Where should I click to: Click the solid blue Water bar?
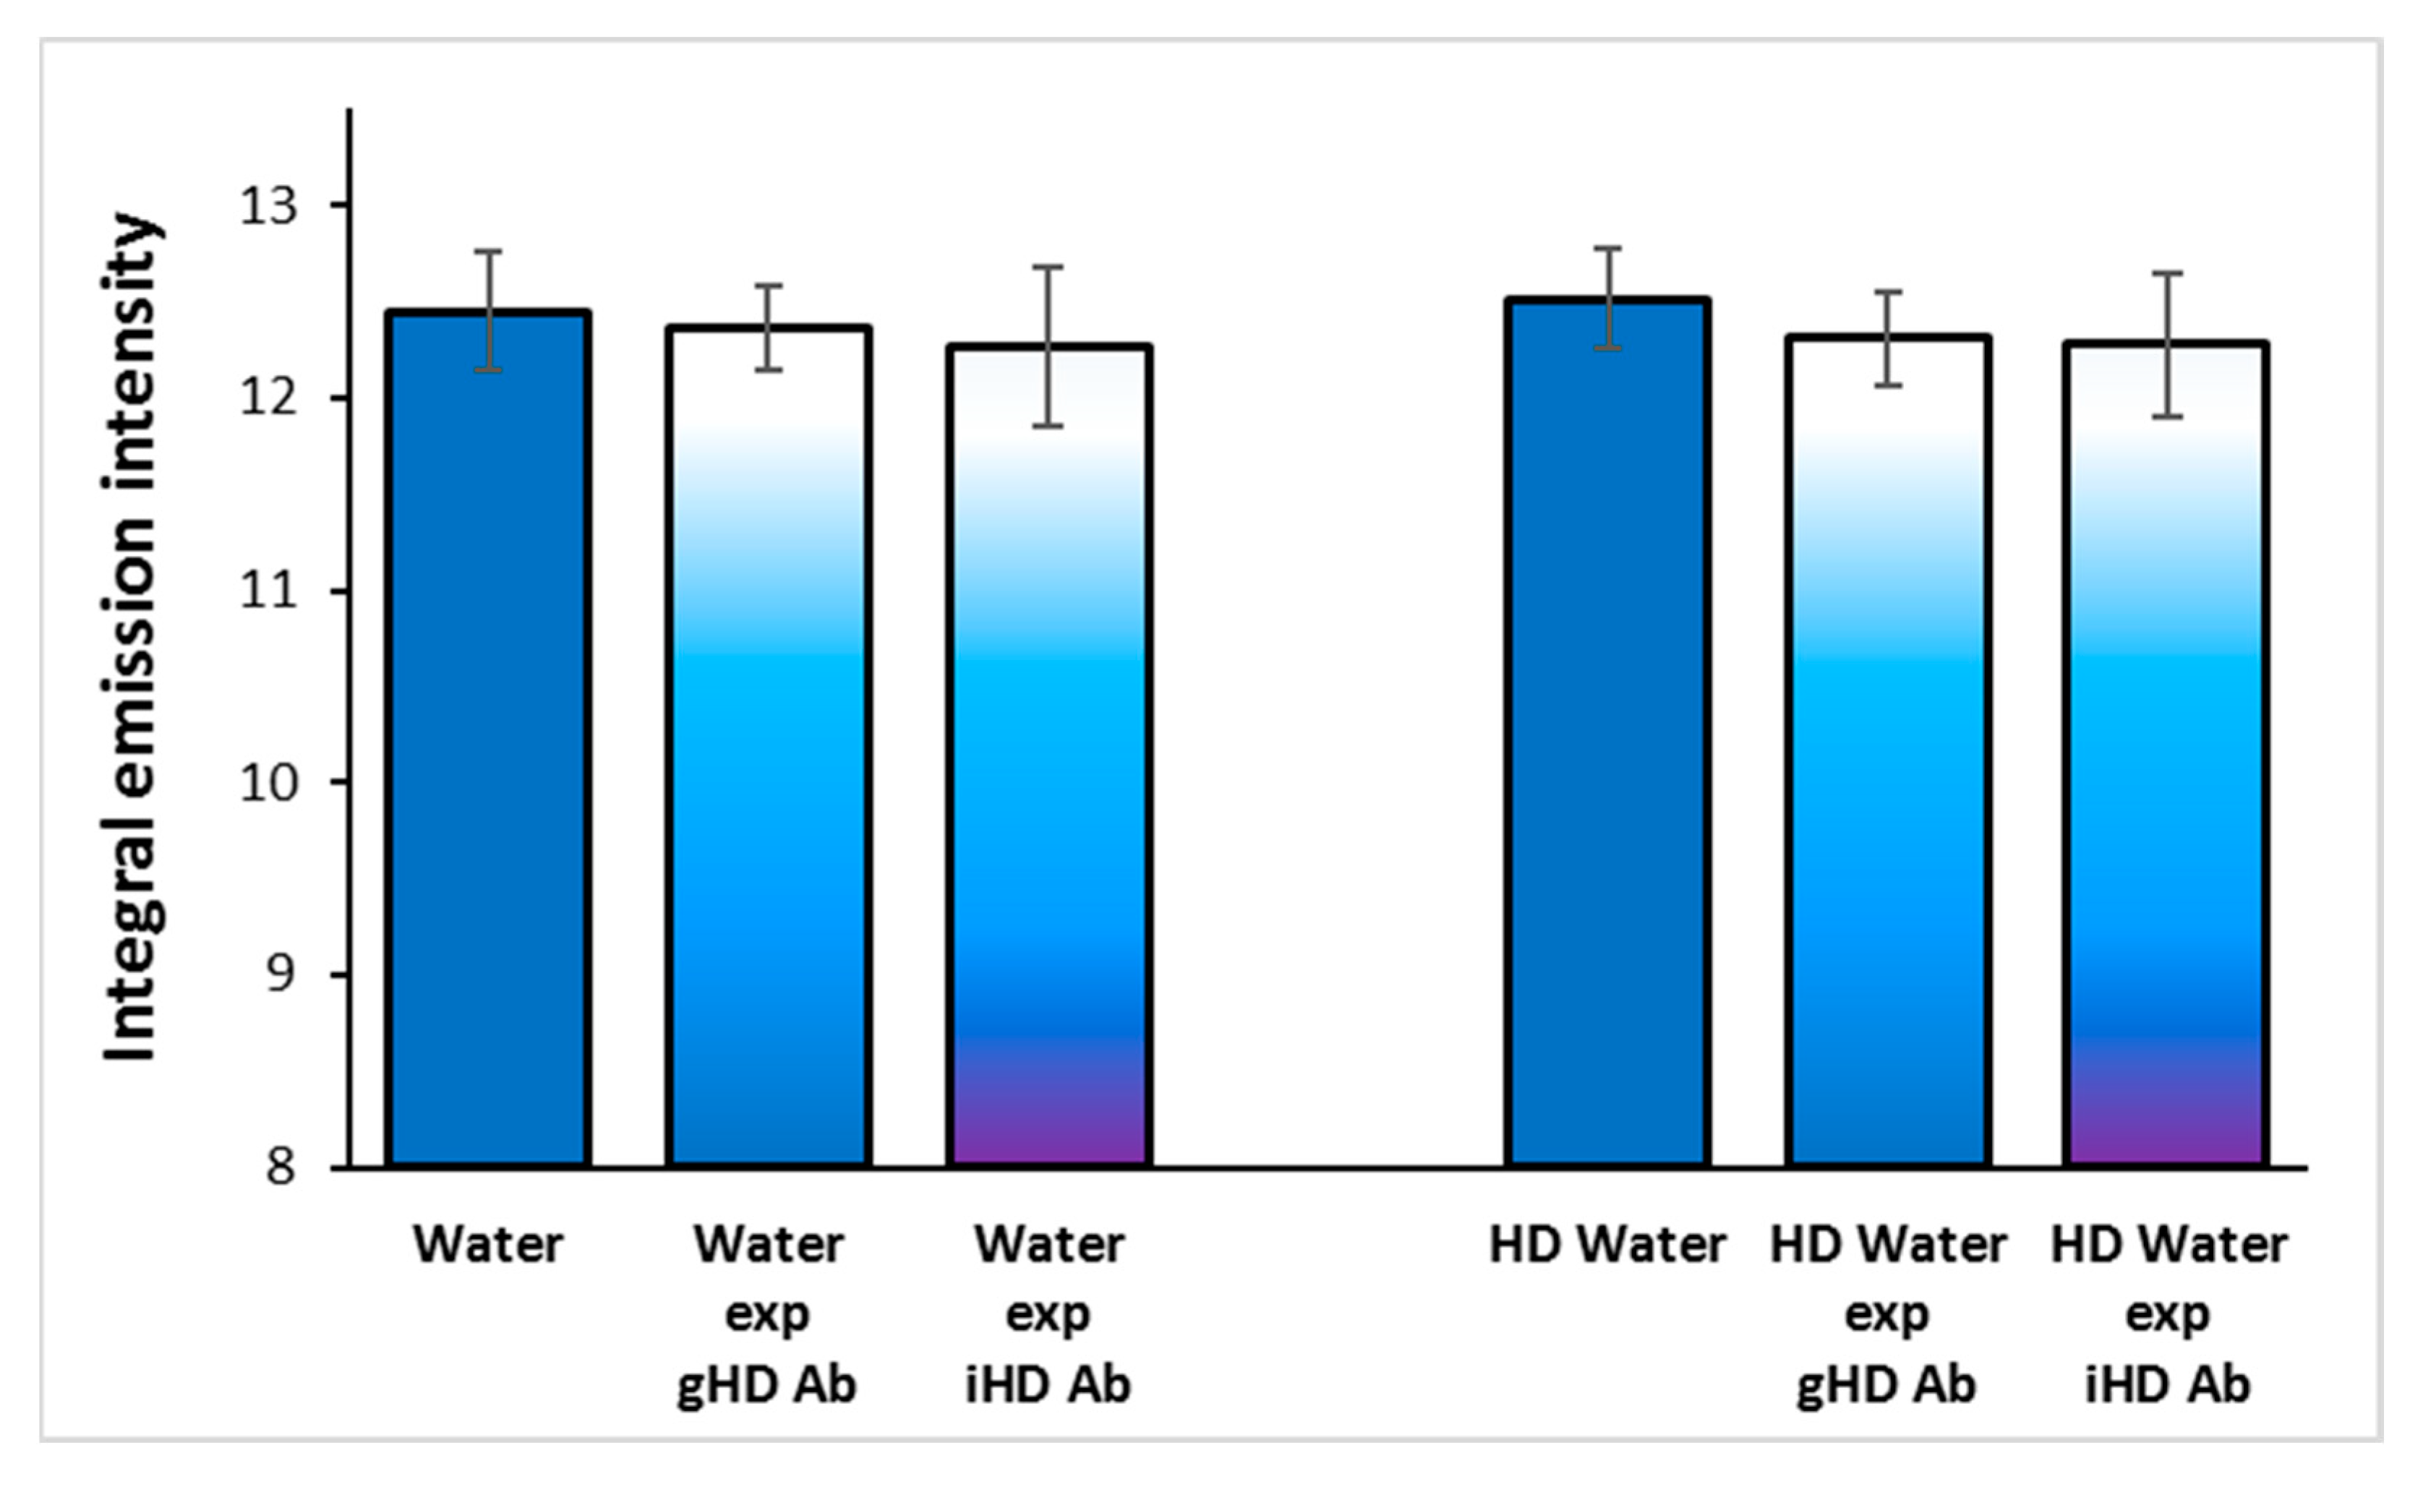pos(489,737)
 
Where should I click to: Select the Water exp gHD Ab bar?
pos(769,747)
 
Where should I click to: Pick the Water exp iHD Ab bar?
pos(1048,758)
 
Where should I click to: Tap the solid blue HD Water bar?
pos(1607,733)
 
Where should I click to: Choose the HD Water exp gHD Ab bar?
pos(1888,753)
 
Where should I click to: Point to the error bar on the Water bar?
pos(489,311)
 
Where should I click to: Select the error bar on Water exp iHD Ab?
pos(1048,346)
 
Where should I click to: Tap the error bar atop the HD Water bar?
pos(1607,298)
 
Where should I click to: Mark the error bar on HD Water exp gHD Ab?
pos(1888,338)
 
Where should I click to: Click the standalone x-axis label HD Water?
pos(1607,1245)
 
